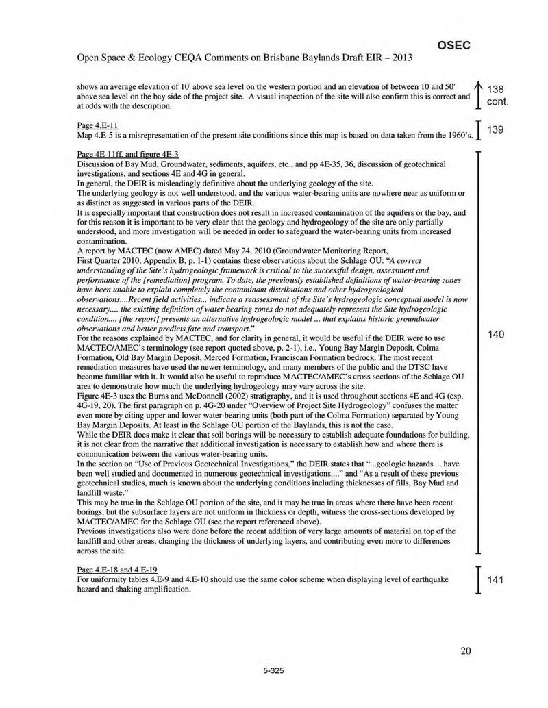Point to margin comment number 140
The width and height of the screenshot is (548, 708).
(496, 334)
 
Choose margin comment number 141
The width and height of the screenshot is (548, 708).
(496, 581)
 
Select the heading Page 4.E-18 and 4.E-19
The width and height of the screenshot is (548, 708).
(118, 570)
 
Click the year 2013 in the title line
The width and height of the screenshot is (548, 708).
(400, 57)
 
